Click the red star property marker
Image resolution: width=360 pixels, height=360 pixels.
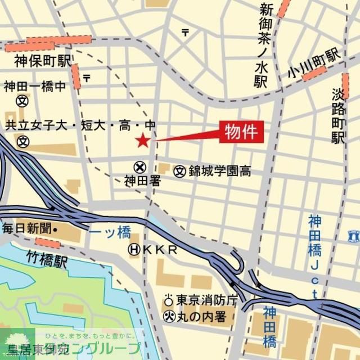pos(142,141)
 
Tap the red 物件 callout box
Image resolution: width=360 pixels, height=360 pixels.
pos(241,133)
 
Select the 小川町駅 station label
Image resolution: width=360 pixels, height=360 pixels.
pos(313,64)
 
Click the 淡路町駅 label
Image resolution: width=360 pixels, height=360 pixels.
pos(338,115)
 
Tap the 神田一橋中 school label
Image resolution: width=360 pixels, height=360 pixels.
pos(35,87)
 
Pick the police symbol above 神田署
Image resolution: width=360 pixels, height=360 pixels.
pos(139,168)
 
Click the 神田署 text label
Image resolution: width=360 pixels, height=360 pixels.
pos(139,181)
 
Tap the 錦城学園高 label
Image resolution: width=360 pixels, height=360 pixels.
pos(219,171)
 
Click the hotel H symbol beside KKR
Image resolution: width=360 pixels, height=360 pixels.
pos(134,249)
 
